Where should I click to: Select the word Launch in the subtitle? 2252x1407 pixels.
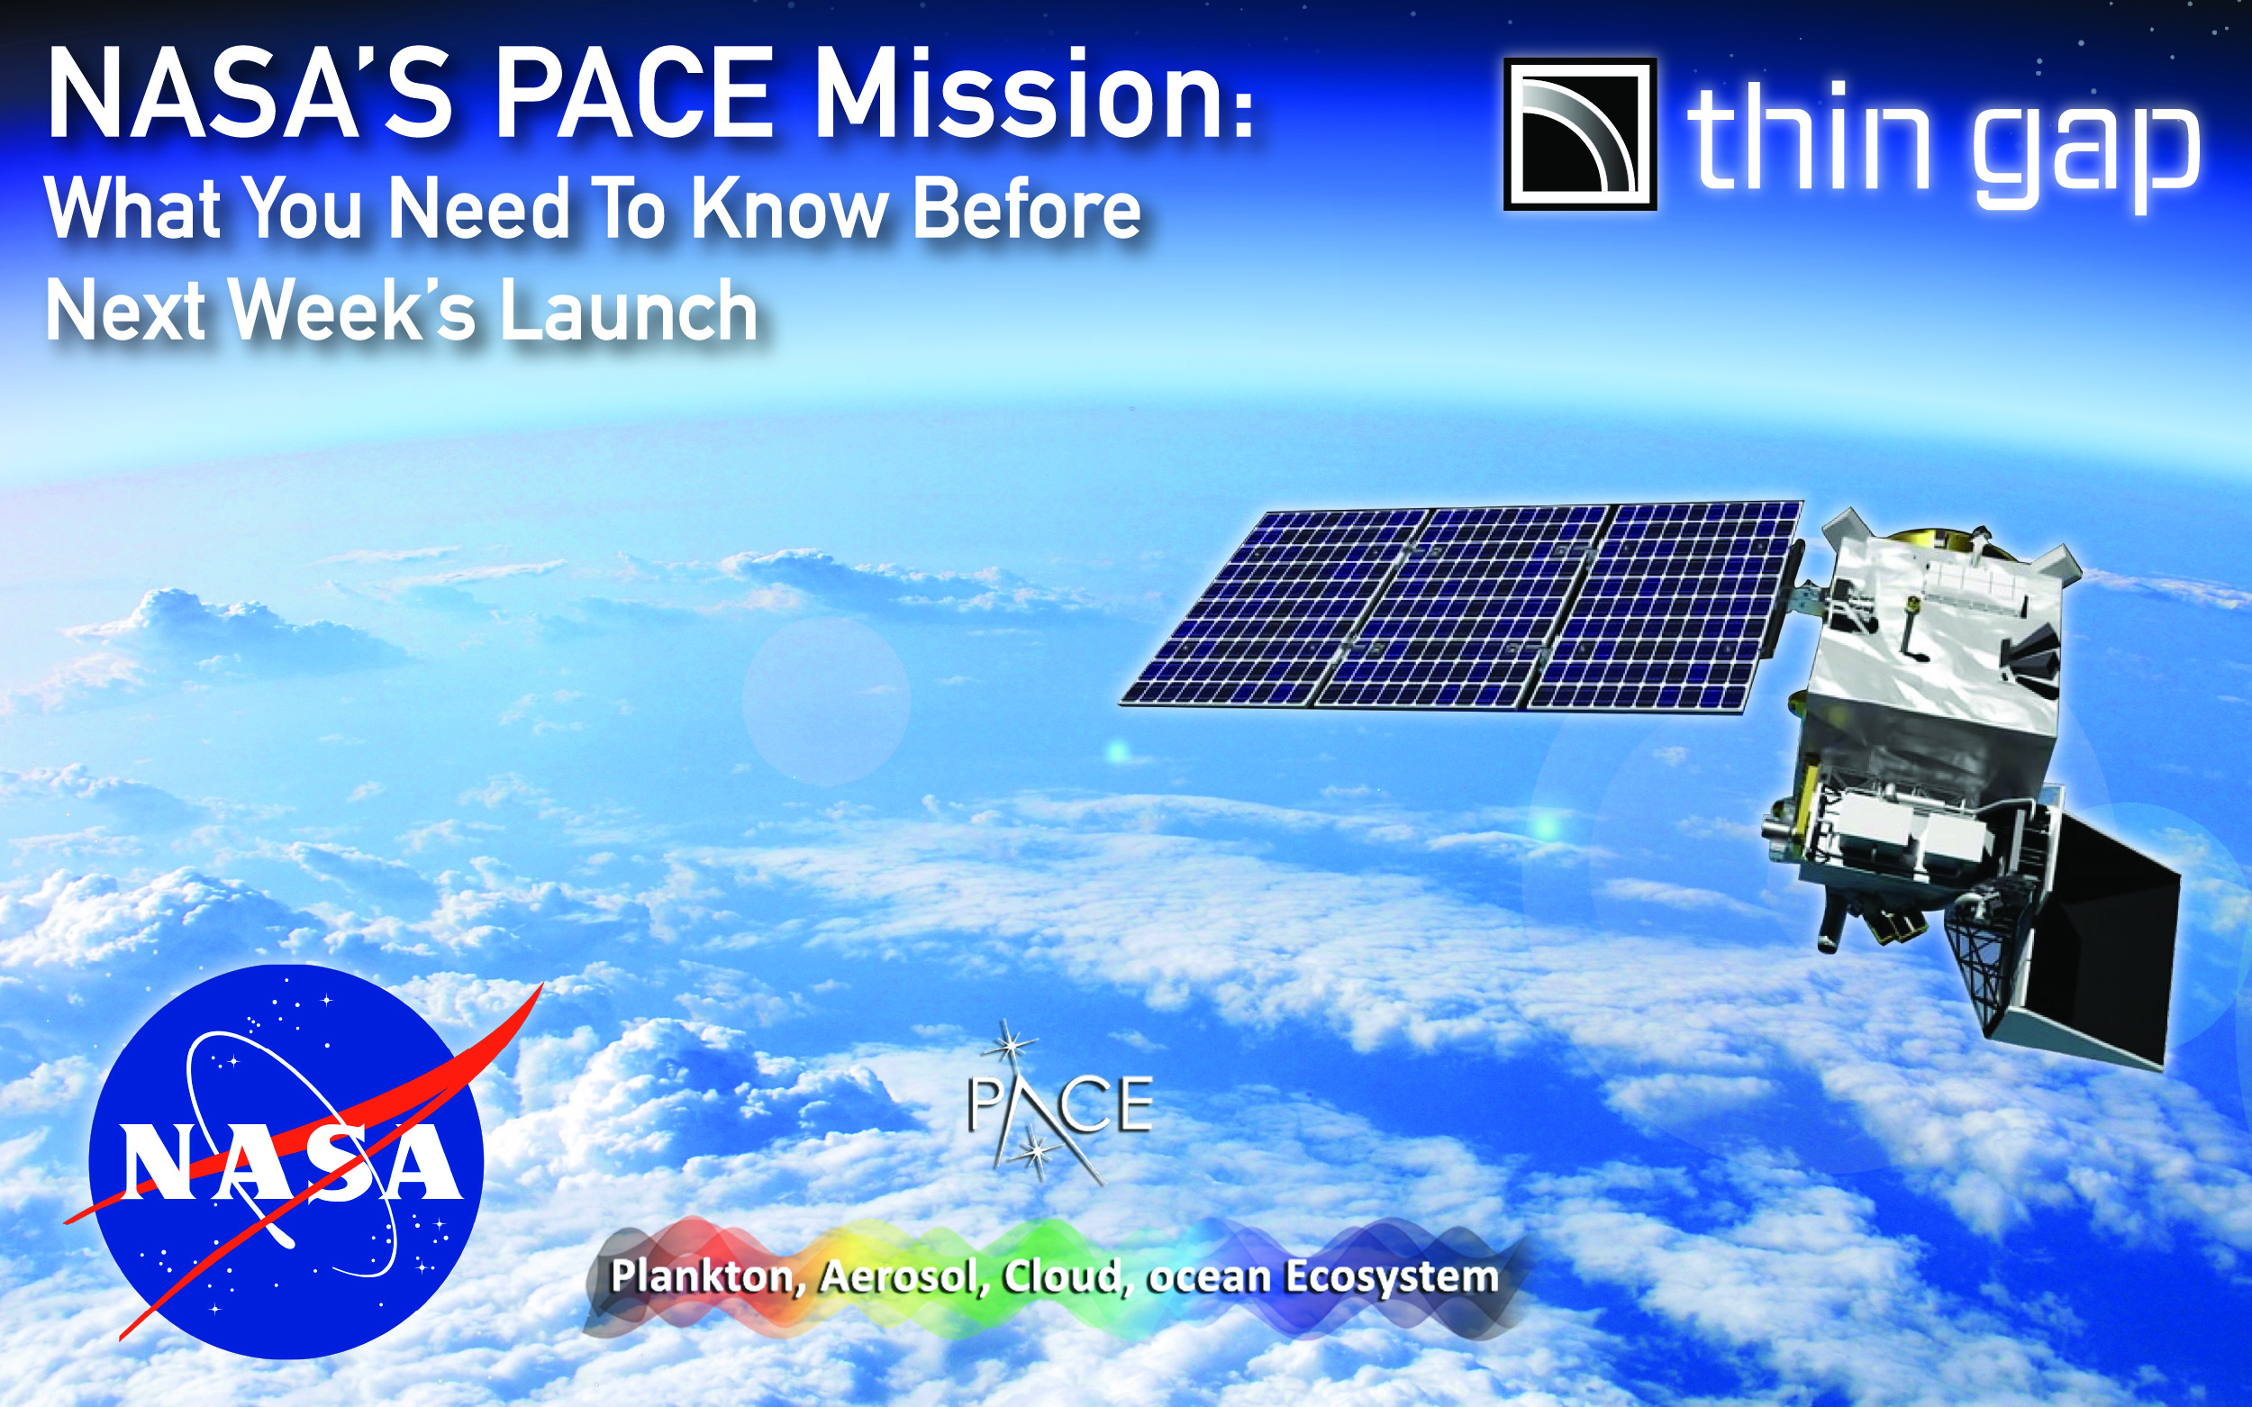(x=629, y=311)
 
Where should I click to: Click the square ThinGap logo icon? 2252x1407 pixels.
(x=1580, y=134)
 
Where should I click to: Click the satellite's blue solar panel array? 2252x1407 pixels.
(x=1461, y=604)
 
